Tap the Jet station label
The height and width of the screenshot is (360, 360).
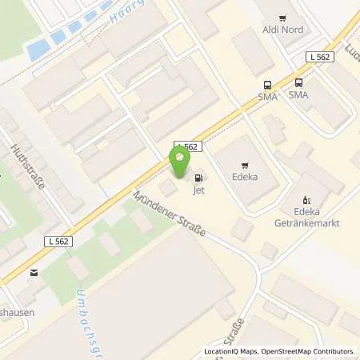pyautogui.click(x=197, y=191)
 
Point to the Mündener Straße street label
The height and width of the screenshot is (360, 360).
pyautogui.click(x=170, y=215)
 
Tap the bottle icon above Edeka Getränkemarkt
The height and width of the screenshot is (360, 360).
pyautogui.click(x=304, y=200)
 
